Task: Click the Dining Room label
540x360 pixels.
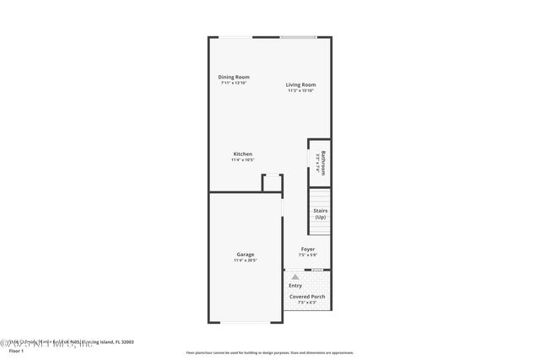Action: pos(234,77)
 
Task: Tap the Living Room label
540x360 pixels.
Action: pos(300,84)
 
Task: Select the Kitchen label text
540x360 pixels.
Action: pos(243,153)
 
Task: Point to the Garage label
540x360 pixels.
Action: pos(246,255)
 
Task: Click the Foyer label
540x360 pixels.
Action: pos(308,249)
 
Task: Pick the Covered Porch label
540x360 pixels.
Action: pos(307,297)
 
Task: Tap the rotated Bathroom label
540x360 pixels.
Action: pos(321,161)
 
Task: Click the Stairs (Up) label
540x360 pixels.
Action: pos(320,214)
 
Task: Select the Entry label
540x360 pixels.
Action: pos(295,285)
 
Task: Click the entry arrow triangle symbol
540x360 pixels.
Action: pos(294,275)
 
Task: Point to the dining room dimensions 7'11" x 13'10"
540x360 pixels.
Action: pos(234,83)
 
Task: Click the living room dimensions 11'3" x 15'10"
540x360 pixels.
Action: pos(300,90)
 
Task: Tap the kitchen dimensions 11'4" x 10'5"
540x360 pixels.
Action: pos(243,159)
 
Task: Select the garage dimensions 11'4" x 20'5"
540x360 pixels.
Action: pos(246,261)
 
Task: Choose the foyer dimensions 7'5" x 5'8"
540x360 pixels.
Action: pos(308,255)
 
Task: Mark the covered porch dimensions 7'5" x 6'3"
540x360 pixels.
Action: pos(307,303)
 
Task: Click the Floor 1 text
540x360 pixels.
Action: pos(9,350)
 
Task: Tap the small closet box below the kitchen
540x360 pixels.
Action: pos(272,183)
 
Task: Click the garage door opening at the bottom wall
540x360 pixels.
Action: pos(245,323)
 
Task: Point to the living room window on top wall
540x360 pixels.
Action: pos(298,37)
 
